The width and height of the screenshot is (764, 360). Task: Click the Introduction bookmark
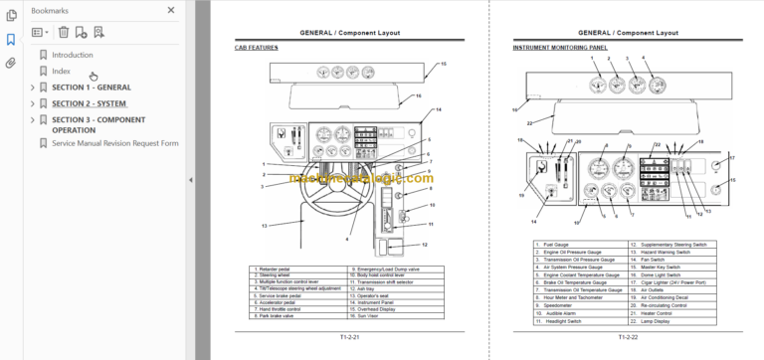(x=73, y=55)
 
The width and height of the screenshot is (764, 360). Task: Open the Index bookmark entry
(x=62, y=71)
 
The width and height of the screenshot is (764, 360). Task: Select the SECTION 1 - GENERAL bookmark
(x=91, y=88)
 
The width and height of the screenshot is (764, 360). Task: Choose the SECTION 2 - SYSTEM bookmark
(x=90, y=103)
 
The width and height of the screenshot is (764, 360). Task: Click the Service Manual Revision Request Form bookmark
(x=115, y=143)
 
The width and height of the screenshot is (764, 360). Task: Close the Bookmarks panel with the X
(x=171, y=11)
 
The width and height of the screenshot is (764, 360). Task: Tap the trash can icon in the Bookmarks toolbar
(x=64, y=32)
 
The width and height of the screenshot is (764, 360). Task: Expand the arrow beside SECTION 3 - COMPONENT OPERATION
(x=32, y=120)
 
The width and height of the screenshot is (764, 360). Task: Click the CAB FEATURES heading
(x=256, y=48)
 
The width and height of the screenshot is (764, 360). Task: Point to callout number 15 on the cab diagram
(x=443, y=64)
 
